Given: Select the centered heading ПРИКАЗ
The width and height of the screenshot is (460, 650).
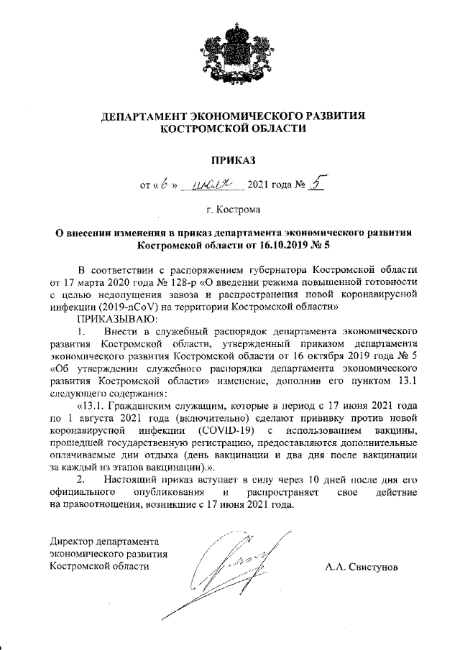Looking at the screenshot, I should pos(229,158).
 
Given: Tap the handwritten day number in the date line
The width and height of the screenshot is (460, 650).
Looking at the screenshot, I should pos(164,185).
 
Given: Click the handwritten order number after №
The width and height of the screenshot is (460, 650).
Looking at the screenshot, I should pos(317,185).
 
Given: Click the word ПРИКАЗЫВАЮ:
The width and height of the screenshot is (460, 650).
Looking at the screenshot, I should pos(115,319).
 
